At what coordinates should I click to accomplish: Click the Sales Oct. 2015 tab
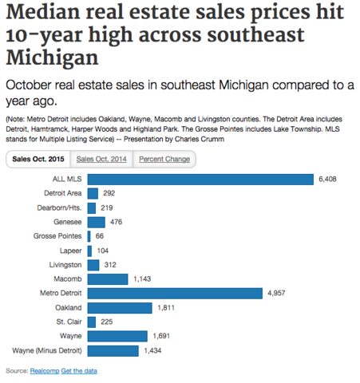pos(38,159)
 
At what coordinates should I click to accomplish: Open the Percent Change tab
pos(164,159)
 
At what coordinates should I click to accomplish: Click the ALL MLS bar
pos(200,179)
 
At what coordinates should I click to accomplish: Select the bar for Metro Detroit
pos(175,293)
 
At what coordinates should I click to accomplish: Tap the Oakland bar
pos(120,307)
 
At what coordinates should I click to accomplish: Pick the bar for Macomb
pos(108,278)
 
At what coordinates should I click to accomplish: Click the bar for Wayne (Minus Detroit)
pos(113,350)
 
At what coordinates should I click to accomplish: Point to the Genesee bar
pos(96,222)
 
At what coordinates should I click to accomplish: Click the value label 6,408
pos(327,180)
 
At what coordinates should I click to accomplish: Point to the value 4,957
pos(276,293)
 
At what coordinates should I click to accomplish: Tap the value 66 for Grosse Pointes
pos(100,236)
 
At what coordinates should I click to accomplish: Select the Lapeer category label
pos(69,251)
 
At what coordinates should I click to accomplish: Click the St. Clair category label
pos(68,322)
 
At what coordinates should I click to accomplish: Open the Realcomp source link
pos(45,371)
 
